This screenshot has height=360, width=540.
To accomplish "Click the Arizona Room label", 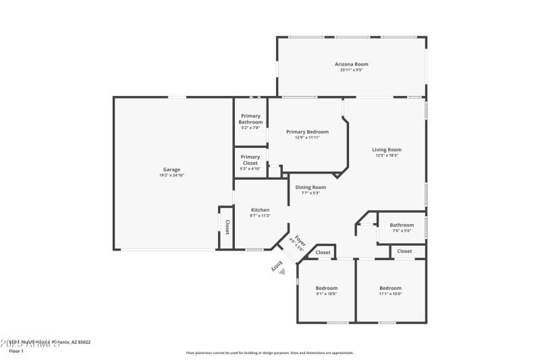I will point(352,64).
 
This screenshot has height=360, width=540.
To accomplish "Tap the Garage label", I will point(171,170).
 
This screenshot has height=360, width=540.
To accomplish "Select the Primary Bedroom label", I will point(307,132).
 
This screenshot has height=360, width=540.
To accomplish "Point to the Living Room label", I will point(387,149).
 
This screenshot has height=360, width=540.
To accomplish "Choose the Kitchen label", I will point(260,210).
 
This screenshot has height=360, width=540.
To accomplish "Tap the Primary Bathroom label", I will point(250,120).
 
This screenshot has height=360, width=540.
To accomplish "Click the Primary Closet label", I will point(250,159).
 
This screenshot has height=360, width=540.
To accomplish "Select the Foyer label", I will point(300,240).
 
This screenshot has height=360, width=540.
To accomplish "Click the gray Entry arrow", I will point(282,271).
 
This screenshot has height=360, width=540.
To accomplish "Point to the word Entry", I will point(275,267).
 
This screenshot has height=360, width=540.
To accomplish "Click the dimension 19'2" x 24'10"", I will point(171,175).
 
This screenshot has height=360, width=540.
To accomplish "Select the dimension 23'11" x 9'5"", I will point(352,70).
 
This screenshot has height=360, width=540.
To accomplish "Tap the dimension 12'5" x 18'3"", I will point(387,155).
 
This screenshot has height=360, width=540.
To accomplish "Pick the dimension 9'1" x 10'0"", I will point(326,293).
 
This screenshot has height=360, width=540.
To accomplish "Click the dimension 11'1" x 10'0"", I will point(390,293).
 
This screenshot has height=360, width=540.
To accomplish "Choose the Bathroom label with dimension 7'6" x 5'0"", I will point(402,225).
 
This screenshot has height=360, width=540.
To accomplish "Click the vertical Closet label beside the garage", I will point(227,227).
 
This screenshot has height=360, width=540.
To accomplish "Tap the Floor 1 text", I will point(16,351).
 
